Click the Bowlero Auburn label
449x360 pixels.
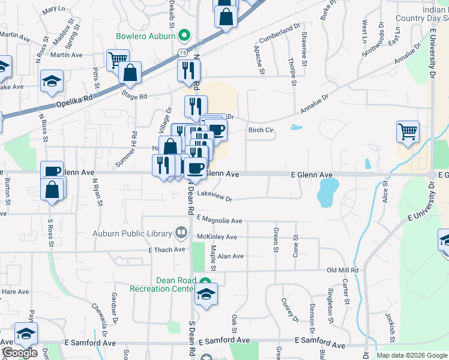tap(146, 35)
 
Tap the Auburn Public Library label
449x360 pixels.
tap(133, 233)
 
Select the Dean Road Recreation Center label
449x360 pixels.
tap(164, 284)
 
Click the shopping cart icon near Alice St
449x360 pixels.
tap(408, 131)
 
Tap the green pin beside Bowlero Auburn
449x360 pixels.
tap(184, 35)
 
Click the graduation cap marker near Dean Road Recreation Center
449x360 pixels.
tap(206, 294)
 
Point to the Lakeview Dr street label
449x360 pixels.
tap(214, 196)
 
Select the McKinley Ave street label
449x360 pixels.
tap(217, 237)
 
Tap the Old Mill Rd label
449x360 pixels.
tap(342, 271)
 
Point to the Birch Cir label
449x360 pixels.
tap(261, 129)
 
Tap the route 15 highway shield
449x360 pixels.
tap(181, 53)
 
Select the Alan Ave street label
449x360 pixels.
tap(231, 256)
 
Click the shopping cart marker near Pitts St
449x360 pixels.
tap(117, 59)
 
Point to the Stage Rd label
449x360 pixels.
tap(134, 96)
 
